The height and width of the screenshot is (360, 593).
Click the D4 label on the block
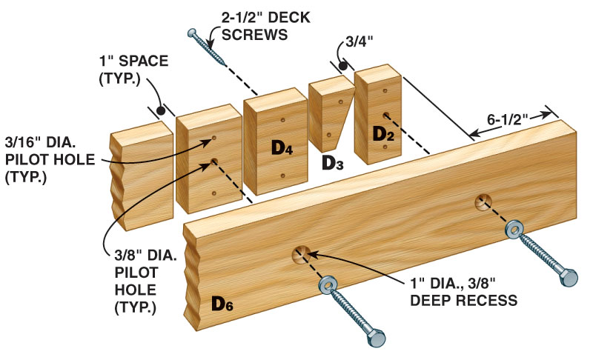point(282,147)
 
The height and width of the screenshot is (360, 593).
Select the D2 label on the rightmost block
point(383,134)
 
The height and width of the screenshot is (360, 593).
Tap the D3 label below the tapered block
point(332,163)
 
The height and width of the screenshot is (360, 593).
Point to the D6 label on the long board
point(222,303)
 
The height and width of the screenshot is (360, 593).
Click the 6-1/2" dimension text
point(507,120)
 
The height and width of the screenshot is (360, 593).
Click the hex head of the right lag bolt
point(569,278)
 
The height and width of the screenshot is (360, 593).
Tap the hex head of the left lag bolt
point(377,337)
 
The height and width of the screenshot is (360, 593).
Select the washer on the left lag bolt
point(328,286)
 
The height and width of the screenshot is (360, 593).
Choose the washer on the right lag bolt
point(514,230)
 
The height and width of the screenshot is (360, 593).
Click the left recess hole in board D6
point(301,254)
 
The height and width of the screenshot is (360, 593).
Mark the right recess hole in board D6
point(483,201)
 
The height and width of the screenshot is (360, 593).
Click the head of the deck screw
point(192,33)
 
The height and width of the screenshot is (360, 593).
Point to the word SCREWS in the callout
point(254,35)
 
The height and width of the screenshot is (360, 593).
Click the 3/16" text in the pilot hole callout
point(24,142)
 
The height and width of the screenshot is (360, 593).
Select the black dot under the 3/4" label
point(343,67)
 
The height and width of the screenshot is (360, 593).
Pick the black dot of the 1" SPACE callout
point(161,110)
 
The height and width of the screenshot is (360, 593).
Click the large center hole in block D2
point(385,116)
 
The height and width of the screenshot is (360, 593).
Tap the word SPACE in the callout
point(144,61)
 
